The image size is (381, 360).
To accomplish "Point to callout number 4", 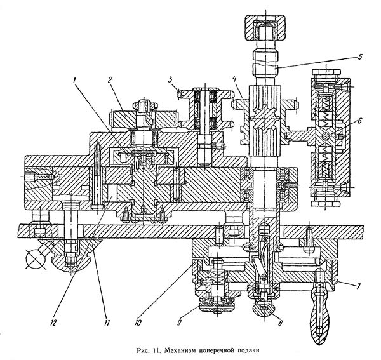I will [235, 80].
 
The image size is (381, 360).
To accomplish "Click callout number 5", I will [359, 56].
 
